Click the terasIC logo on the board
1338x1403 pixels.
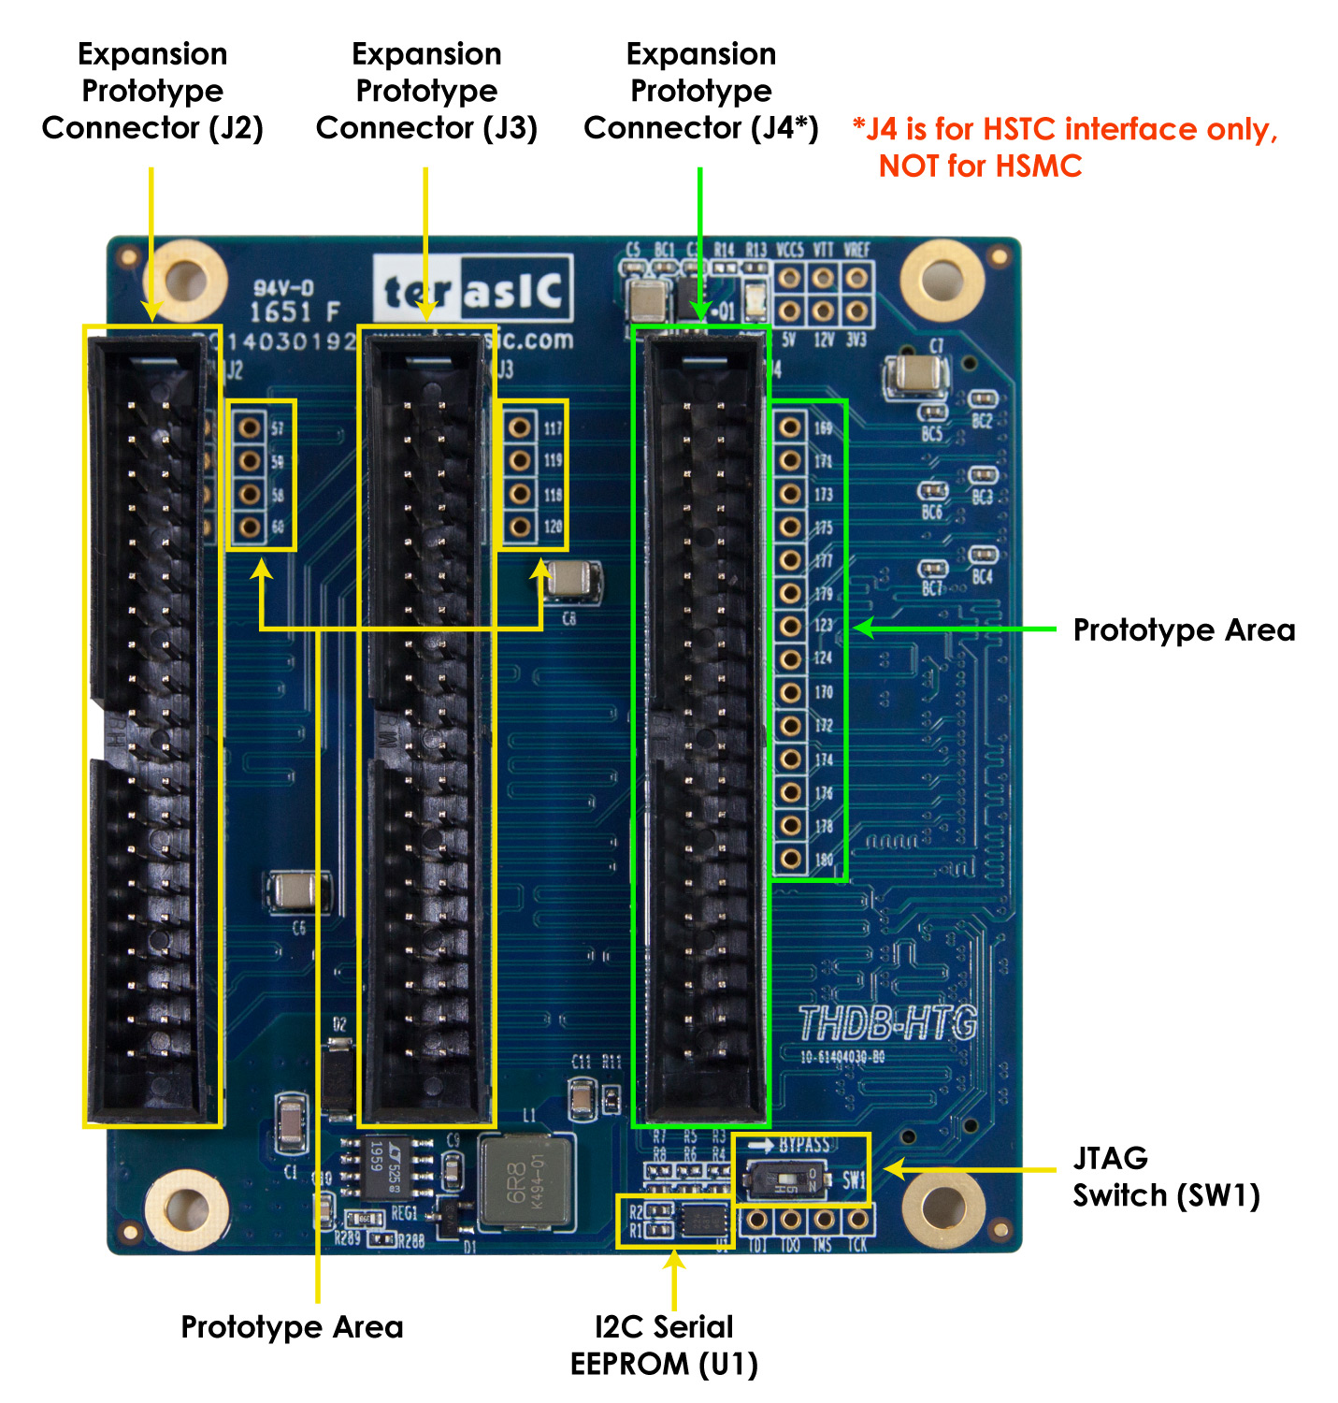coord(473,291)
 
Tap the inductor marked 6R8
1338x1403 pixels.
coord(525,1183)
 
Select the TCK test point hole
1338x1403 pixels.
coord(856,1219)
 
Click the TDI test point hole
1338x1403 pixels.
coord(756,1219)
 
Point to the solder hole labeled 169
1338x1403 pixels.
coord(790,427)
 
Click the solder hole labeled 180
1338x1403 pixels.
coord(790,858)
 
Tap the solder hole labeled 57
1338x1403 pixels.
coord(250,427)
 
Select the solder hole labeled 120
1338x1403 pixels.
coord(521,527)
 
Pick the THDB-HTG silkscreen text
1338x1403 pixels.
coord(886,1023)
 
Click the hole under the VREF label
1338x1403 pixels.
coord(856,278)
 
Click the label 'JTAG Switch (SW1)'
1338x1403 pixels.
coord(1165,1177)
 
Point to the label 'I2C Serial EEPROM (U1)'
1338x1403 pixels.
coord(664,1345)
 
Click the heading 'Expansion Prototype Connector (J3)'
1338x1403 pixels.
coord(426,91)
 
